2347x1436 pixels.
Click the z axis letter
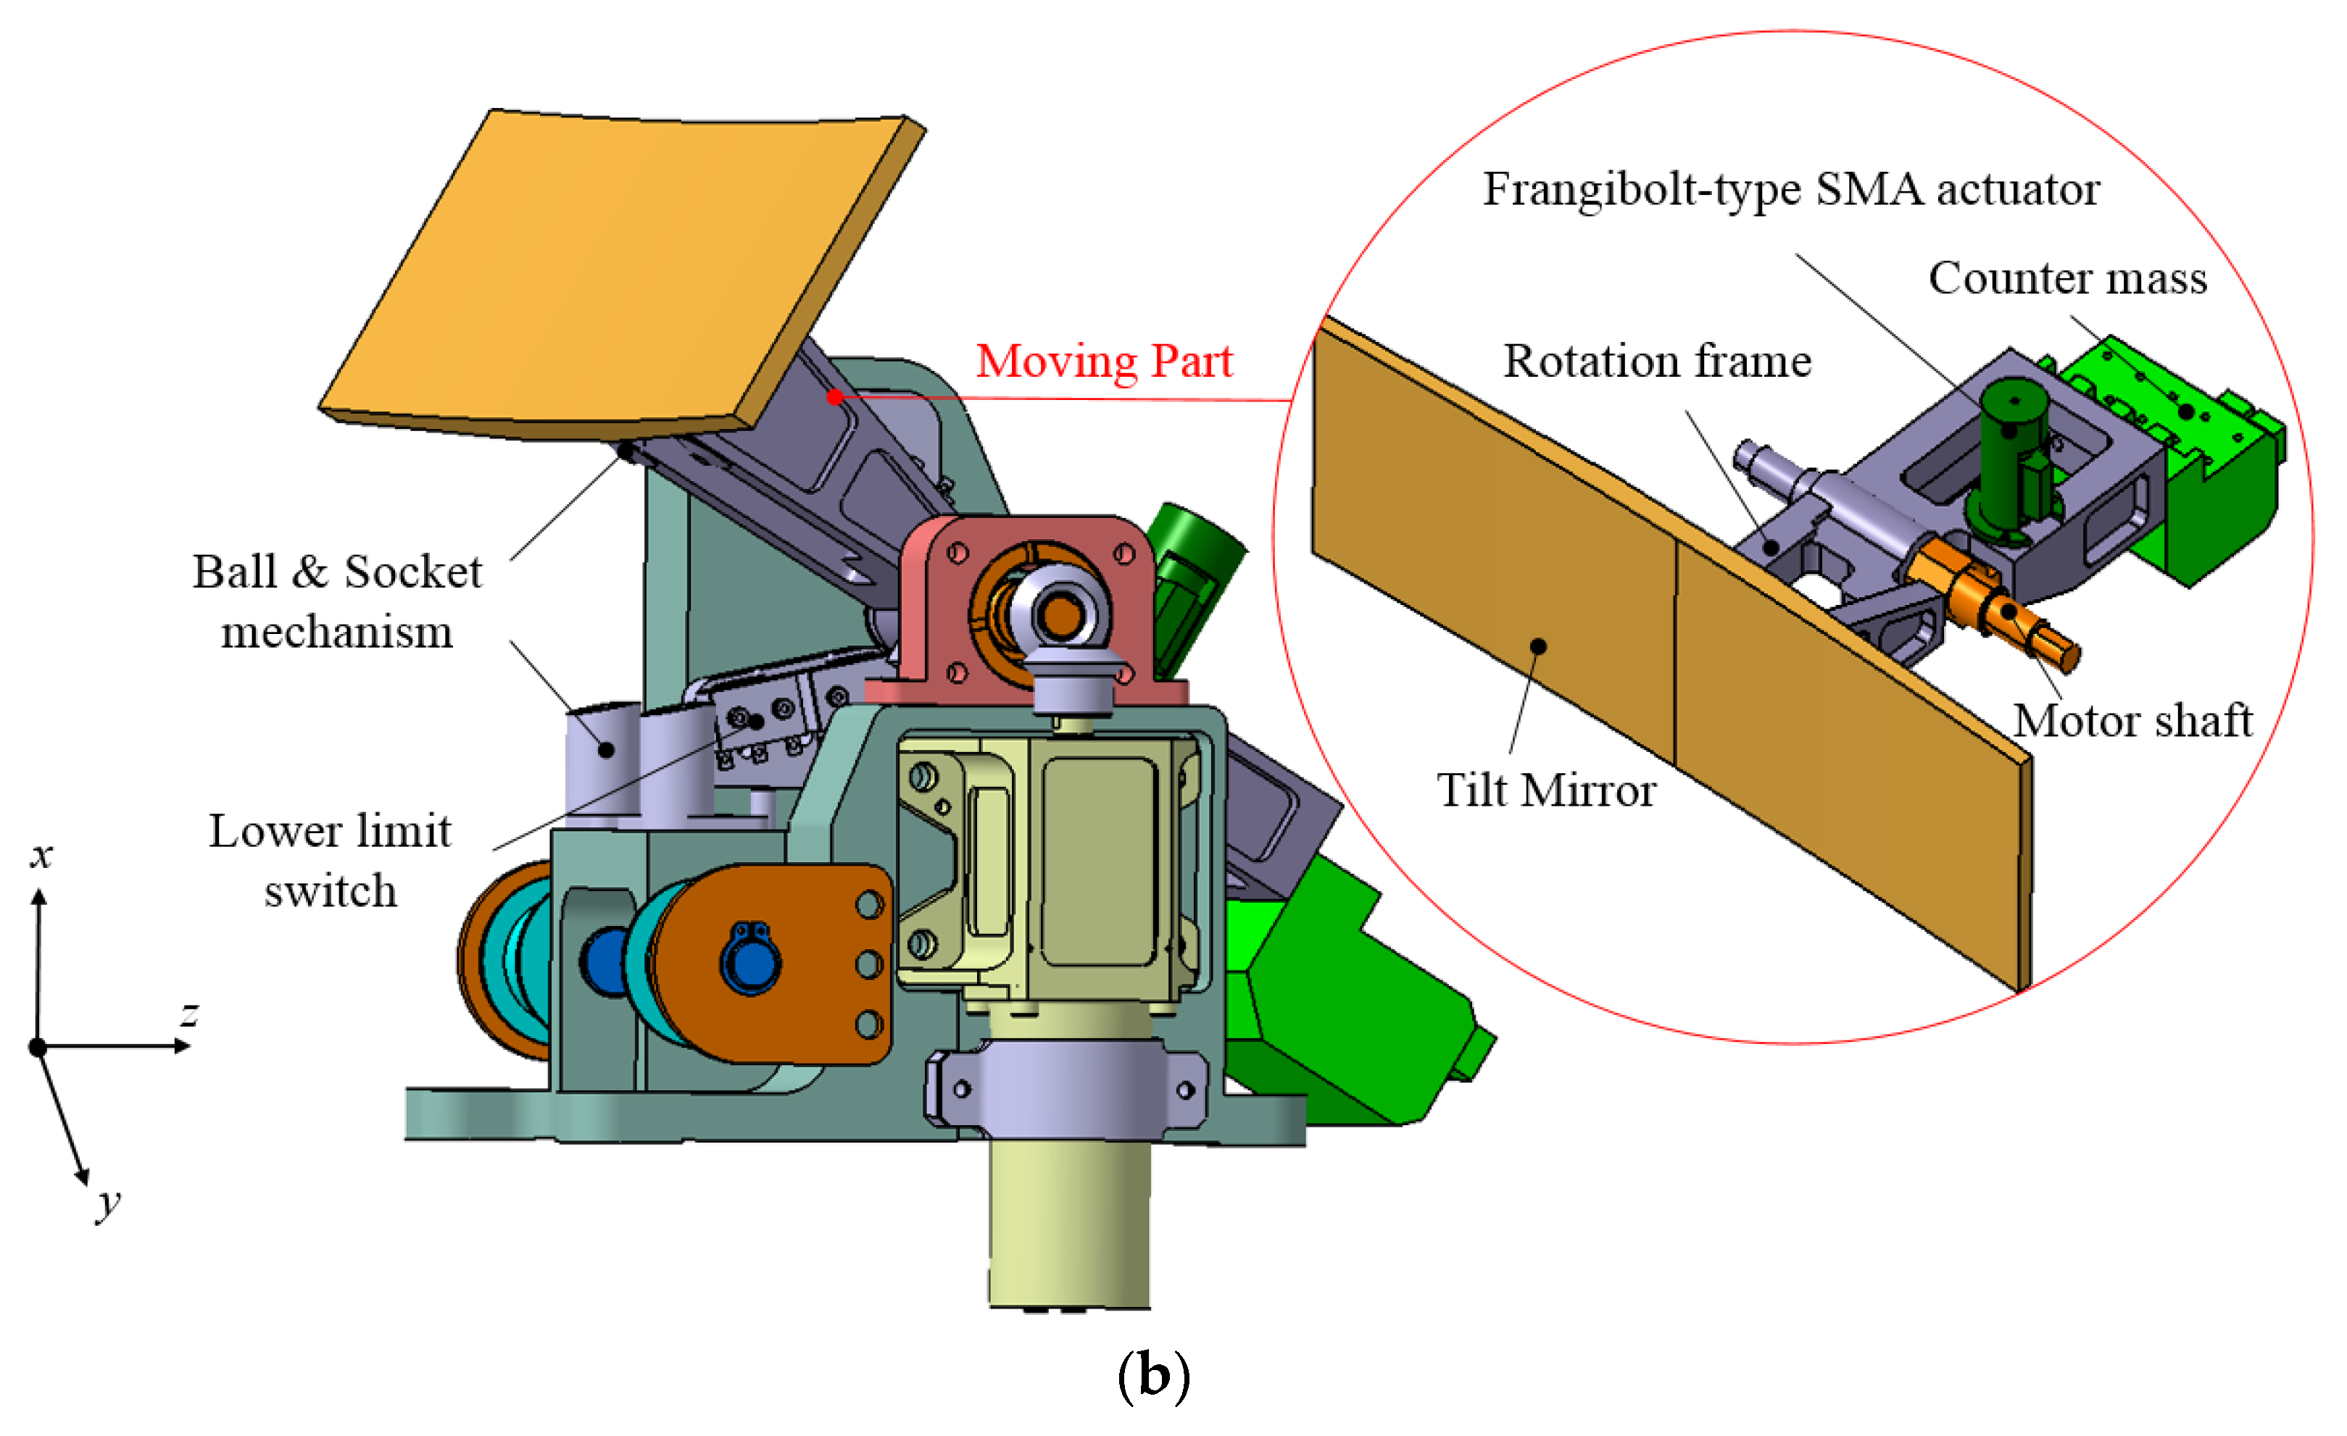(x=190, y=1014)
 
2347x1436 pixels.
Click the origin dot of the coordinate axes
(x=38, y=1048)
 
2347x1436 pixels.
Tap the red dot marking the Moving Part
(x=835, y=397)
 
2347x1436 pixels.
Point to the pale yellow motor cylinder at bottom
(x=1068, y=1228)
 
